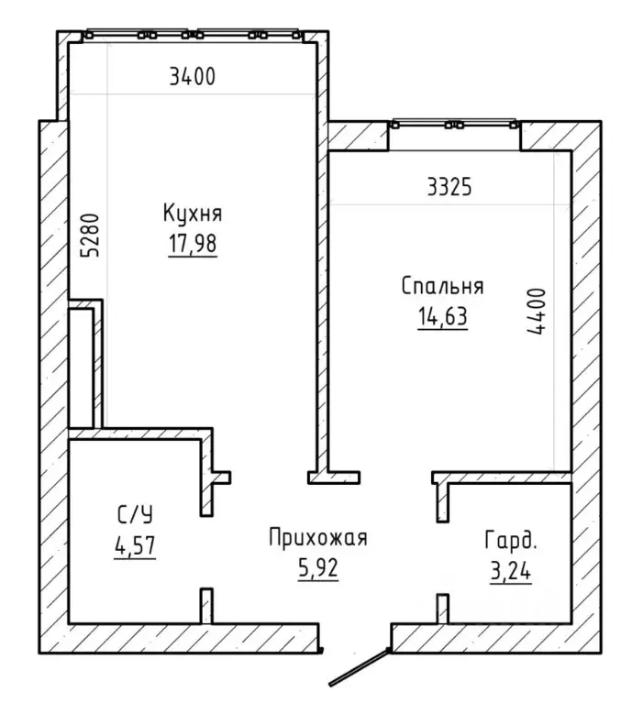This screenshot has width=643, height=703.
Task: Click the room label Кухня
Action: pyautogui.click(x=193, y=213)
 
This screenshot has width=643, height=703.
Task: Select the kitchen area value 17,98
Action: pyautogui.click(x=193, y=244)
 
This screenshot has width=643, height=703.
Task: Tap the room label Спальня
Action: pyautogui.click(x=442, y=286)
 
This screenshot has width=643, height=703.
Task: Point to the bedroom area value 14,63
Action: pyautogui.click(x=443, y=316)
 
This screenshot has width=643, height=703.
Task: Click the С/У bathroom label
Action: pyautogui.click(x=135, y=515)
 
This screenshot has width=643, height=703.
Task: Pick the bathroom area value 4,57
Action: pyautogui.click(x=135, y=545)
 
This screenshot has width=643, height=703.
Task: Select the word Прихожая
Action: pyautogui.click(x=318, y=537)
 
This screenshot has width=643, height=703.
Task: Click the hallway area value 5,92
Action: pyautogui.click(x=318, y=568)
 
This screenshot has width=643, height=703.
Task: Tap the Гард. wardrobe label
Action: pyautogui.click(x=511, y=541)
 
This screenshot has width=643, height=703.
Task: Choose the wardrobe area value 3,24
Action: pyautogui.click(x=511, y=572)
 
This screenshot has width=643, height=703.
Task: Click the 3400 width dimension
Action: pyautogui.click(x=193, y=77)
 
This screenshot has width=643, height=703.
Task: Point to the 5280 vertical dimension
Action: pyautogui.click(x=90, y=235)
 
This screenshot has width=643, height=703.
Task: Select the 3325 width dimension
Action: pyautogui.click(x=449, y=187)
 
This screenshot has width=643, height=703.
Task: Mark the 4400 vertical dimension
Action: pyautogui.click(x=537, y=311)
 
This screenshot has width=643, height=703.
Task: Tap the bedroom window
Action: pyautogui.click(x=455, y=124)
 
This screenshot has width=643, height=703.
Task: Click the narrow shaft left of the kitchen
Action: pyautogui.click(x=81, y=368)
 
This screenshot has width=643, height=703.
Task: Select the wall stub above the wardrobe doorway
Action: pyautogui.click(x=443, y=502)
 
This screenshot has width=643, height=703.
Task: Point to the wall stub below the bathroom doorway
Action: pyautogui.click(x=206, y=606)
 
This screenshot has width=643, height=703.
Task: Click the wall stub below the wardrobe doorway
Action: pyautogui.click(x=443, y=609)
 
